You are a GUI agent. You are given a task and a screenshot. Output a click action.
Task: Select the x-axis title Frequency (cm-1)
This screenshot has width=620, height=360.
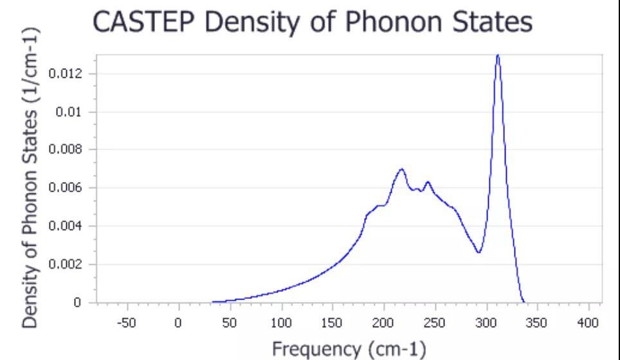click(349, 349)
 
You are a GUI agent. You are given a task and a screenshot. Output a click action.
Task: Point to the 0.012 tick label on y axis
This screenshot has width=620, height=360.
click(69, 74)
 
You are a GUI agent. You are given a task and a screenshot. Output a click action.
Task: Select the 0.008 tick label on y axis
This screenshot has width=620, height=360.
click(69, 150)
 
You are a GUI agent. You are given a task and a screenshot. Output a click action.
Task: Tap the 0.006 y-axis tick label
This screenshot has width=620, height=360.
click(69, 188)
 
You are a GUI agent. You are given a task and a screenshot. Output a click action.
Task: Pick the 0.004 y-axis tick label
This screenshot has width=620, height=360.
click(69, 226)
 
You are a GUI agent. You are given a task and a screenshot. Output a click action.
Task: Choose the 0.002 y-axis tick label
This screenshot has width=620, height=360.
click(69, 264)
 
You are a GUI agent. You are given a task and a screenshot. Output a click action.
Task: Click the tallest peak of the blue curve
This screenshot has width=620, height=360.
click(497, 55)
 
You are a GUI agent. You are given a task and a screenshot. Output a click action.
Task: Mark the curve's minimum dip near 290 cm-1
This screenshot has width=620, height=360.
click(479, 252)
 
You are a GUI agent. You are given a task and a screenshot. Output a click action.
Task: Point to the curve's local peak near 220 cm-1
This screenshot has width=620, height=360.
click(401, 169)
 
